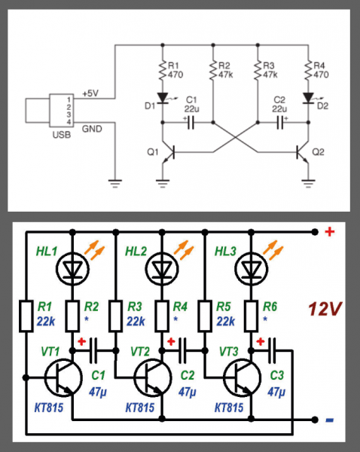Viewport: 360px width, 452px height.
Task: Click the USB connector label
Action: tap(62, 135)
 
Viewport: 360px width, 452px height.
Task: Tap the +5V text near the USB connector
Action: tap(90, 93)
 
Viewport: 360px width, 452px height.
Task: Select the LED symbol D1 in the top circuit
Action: tap(163, 98)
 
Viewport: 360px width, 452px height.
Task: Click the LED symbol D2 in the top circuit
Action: tap(308, 98)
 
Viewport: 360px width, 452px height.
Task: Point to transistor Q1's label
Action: tap(153, 152)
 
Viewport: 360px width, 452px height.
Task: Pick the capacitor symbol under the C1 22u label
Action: tap(191, 123)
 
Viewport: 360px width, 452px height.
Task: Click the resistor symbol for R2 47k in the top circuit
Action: tap(213, 70)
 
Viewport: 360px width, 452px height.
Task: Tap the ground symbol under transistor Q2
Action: tap(308, 183)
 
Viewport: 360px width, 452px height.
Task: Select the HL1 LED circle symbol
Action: tap(72, 269)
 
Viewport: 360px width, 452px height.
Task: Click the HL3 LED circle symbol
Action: tap(251, 269)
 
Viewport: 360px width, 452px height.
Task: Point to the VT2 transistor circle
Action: tap(153, 377)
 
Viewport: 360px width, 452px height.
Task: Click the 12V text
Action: tap(325, 309)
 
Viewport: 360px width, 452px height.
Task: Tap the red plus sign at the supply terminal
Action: tap(330, 231)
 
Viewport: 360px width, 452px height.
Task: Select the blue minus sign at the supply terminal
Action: tap(329, 420)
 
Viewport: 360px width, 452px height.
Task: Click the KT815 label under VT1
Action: tap(49, 408)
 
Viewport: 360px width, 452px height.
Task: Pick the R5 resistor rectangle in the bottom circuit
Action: tap(205, 316)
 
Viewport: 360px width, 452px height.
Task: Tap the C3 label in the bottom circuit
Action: tap(276, 375)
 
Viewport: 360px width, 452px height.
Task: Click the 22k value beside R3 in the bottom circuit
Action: tap(136, 321)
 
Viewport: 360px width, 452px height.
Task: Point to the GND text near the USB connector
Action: tap(92, 129)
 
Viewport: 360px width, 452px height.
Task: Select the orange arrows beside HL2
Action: tap(184, 250)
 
